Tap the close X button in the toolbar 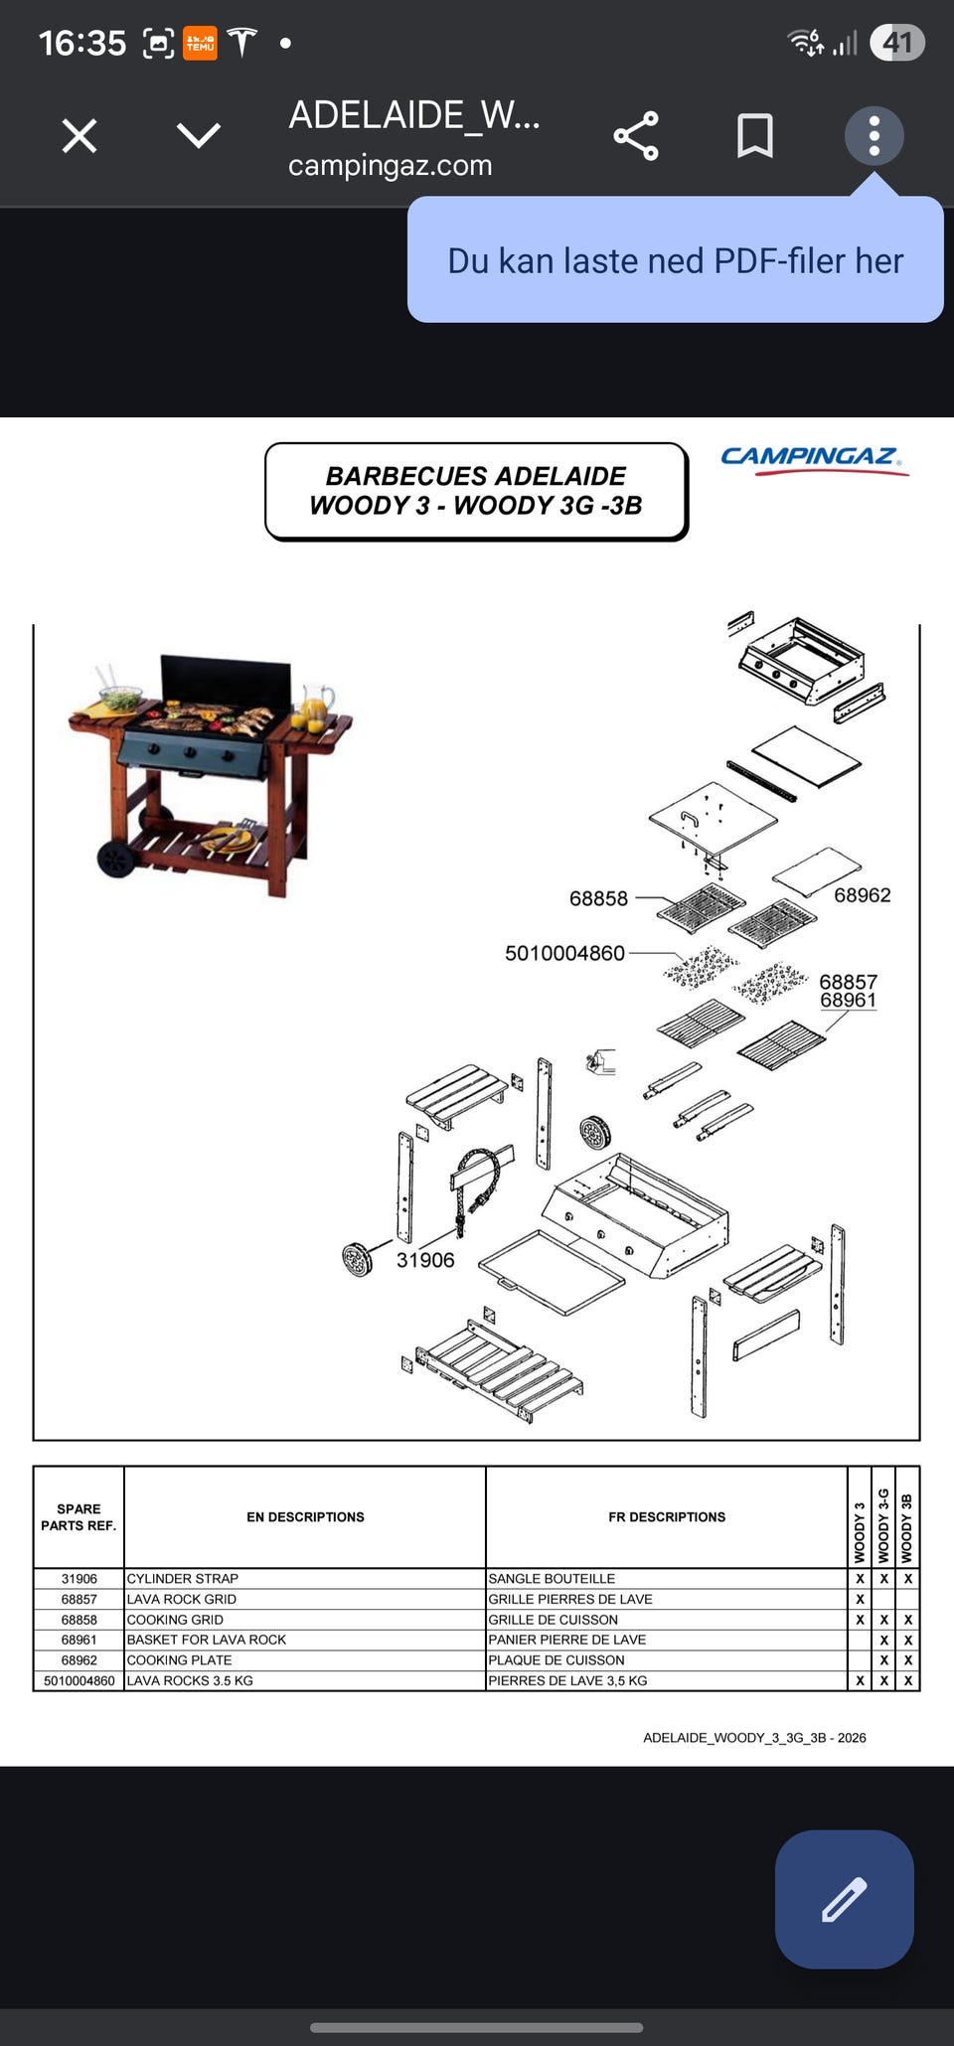[79, 135]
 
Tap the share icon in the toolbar [636, 135]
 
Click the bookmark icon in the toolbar [755, 135]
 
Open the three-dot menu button [874, 135]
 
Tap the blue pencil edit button [844, 1899]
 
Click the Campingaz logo [814, 459]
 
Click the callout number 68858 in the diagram [598, 898]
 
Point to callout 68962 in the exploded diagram [863, 895]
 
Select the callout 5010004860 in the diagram [564, 953]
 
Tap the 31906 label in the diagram [425, 1260]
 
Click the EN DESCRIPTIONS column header [305, 1516]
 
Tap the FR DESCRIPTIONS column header [667, 1516]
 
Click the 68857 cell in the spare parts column [79, 1599]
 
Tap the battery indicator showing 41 [897, 43]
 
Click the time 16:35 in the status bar [82, 43]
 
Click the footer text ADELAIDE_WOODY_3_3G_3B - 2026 [754, 1738]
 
